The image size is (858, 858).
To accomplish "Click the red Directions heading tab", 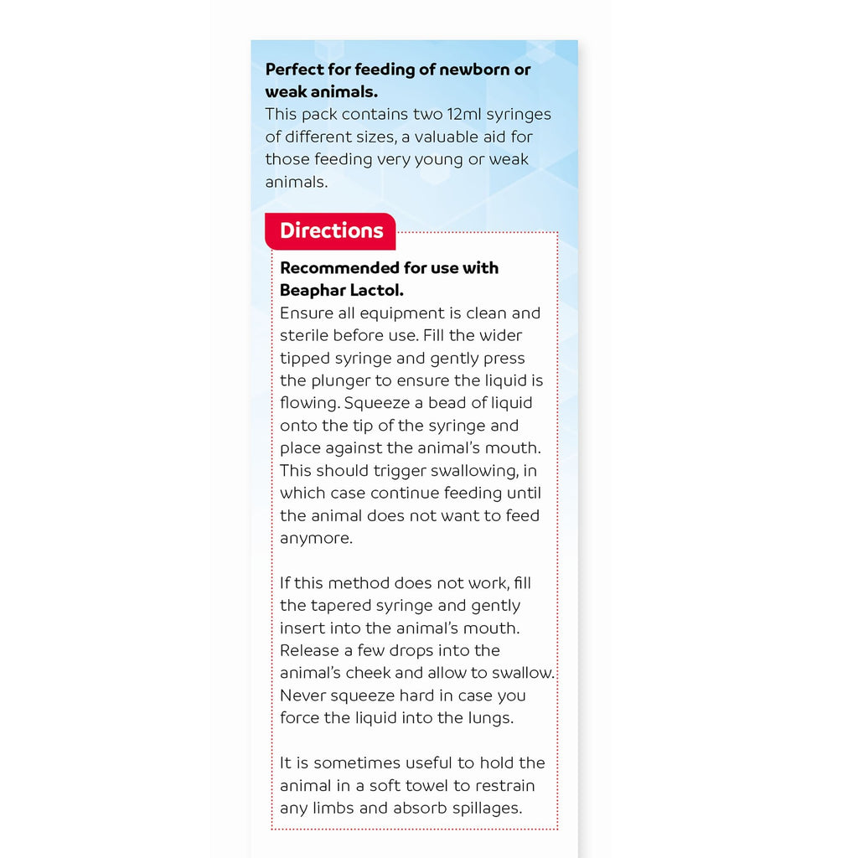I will coord(330,231).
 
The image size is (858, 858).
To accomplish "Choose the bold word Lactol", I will coord(377,291).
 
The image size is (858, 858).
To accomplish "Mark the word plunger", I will coord(344,381).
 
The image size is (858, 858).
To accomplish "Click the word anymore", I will coord(316,539).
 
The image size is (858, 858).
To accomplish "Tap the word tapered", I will coord(343,606).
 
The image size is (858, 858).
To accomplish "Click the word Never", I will coord(302,695).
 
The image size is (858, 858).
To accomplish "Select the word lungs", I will coord(486,718).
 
